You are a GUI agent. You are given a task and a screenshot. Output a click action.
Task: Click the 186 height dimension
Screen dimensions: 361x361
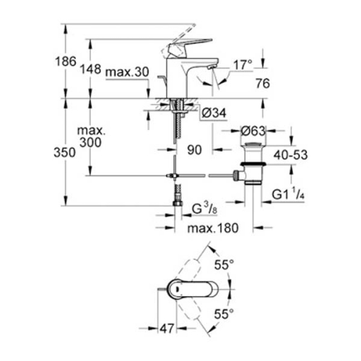click(x=66, y=62)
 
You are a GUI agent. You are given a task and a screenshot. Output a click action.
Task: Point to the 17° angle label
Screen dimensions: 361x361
click(x=243, y=65)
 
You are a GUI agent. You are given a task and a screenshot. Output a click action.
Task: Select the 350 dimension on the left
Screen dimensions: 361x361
click(x=66, y=153)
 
